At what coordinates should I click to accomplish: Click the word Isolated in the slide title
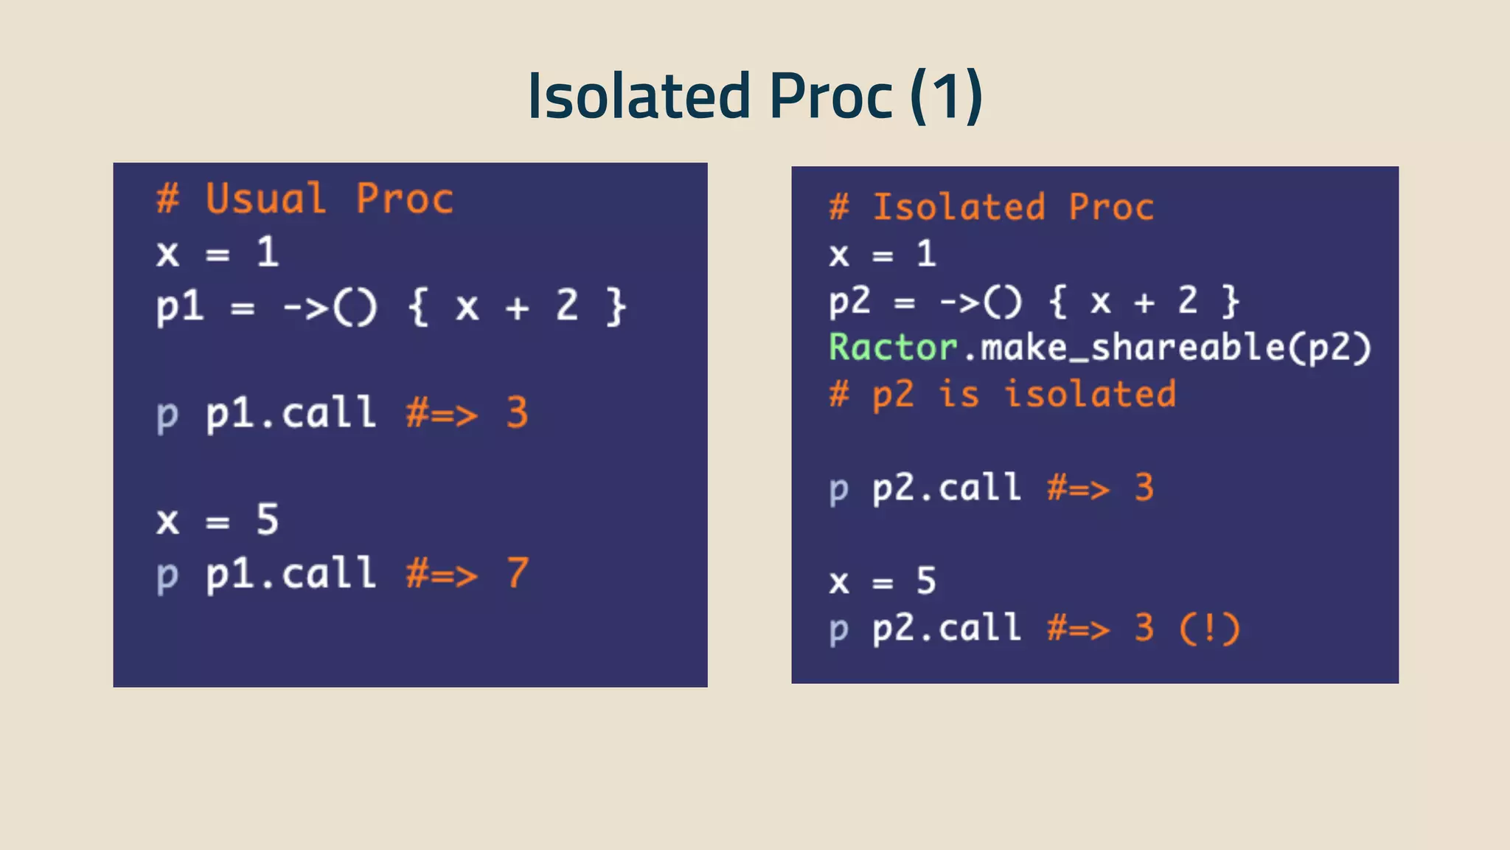[x=639, y=97]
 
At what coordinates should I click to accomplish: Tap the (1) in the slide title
[x=946, y=97]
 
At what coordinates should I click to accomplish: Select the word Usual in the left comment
[x=265, y=198]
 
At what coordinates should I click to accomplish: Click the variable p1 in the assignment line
[x=180, y=307]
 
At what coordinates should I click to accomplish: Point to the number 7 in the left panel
[x=518, y=573]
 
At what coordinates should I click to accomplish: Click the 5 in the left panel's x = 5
[x=268, y=519]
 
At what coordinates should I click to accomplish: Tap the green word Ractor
[x=893, y=348]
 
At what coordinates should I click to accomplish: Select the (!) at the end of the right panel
[x=1209, y=629]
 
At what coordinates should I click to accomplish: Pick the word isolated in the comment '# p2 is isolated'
[x=1090, y=394]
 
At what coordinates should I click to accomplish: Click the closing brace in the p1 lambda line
[x=616, y=307]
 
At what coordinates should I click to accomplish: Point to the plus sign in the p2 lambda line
[x=1144, y=302]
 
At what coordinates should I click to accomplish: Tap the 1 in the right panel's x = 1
[x=926, y=255]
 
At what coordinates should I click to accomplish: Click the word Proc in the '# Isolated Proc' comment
[x=1111, y=207]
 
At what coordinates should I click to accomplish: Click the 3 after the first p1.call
[x=518, y=412]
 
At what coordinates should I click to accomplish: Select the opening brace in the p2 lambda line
[x=1058, y=302]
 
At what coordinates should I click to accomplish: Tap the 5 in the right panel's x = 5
[x=926, y=581]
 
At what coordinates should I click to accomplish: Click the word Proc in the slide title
[x=831, y=97]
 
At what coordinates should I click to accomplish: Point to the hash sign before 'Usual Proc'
[x=167, y=198]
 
